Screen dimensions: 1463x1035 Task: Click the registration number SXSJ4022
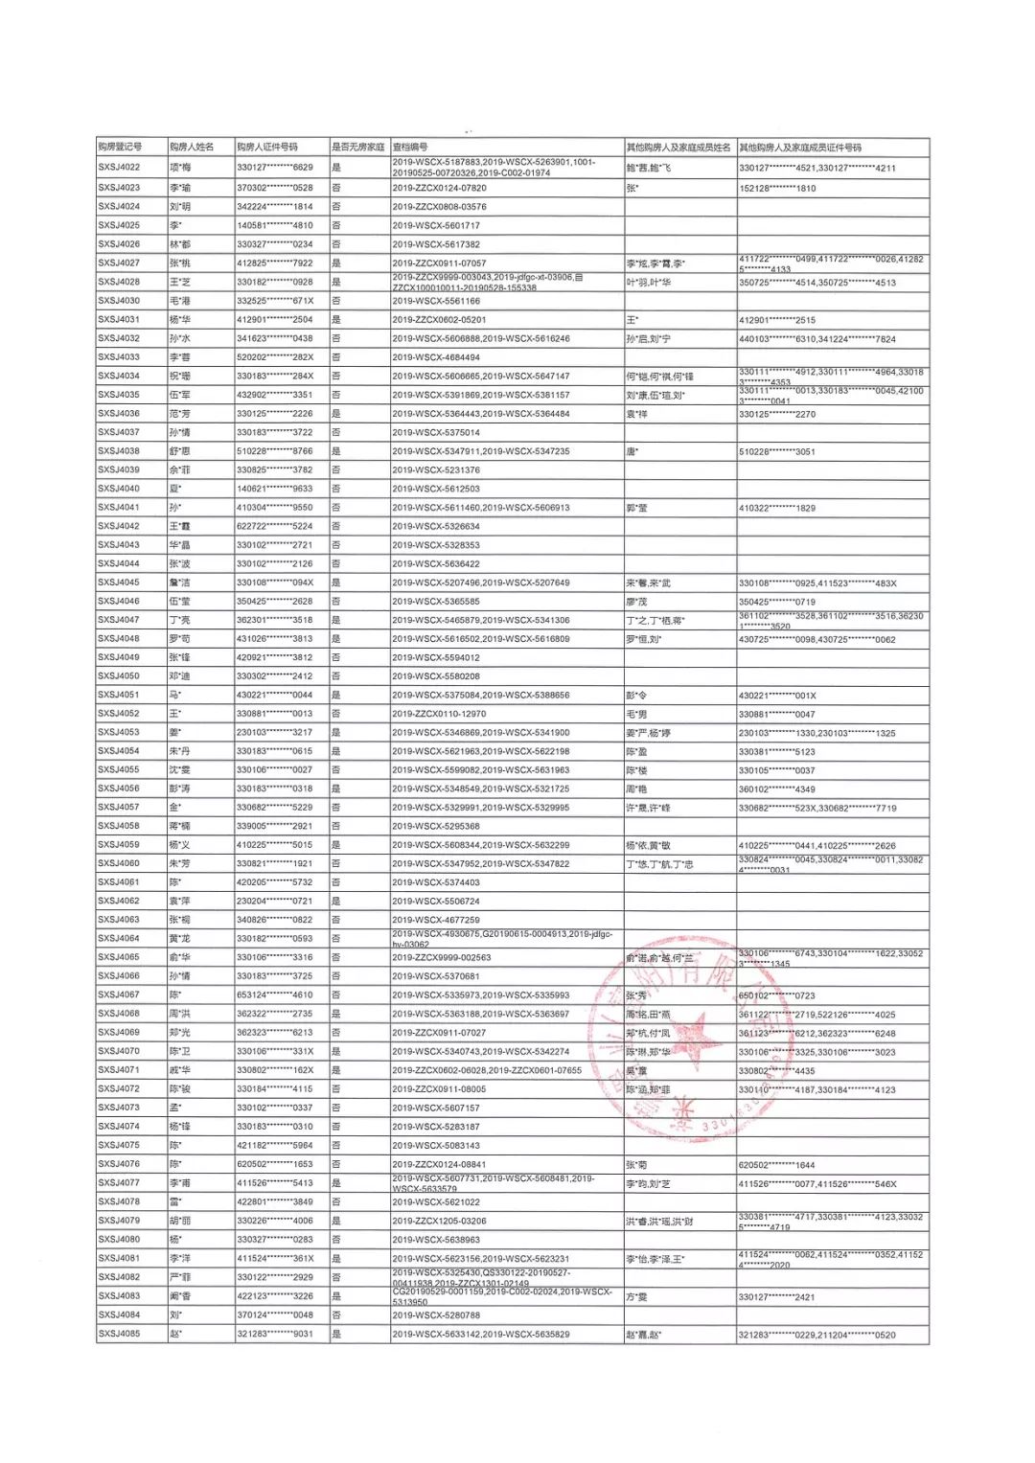119,168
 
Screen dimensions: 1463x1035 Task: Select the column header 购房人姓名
192,148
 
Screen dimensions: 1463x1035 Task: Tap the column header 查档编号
410,148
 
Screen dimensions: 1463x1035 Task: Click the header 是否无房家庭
357,148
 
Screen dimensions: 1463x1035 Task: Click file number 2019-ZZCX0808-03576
439,207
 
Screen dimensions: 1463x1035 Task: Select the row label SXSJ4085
119,1334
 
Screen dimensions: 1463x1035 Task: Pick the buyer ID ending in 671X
275,301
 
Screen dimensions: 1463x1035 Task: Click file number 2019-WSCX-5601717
436,226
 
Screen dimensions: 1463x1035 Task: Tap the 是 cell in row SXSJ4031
336,320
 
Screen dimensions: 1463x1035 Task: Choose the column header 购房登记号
120,148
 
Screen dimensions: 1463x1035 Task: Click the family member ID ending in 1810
777,189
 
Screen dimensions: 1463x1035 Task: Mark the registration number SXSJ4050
119,676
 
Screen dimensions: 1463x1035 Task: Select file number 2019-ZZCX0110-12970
439,714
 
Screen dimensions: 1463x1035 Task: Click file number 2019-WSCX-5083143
436,1146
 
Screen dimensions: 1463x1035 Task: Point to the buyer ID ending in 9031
275,1334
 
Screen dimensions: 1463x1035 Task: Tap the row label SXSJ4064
119,939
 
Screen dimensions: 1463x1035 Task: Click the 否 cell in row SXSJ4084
336,1315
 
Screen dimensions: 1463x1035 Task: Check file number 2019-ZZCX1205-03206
439,1222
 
